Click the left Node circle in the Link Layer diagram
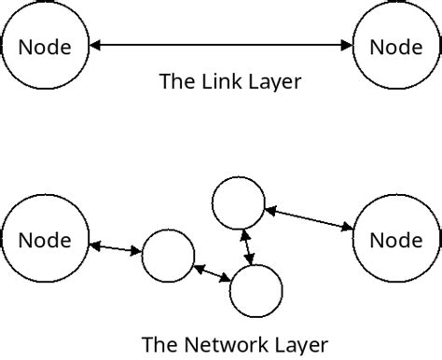(45, 45)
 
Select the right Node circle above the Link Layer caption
(396, 45)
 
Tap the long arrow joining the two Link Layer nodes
(221, 45)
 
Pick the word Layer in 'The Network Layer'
(297, 344)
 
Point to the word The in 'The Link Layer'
(177, 81)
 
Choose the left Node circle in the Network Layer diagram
(45, 240)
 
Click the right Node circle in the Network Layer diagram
(396, 240)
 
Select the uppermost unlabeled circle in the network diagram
(241, 202)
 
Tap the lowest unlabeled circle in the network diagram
(256, 291)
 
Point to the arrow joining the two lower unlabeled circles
(213, 274)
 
